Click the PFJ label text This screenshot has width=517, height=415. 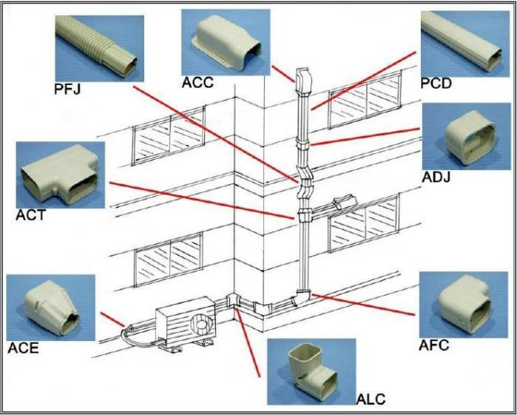67,89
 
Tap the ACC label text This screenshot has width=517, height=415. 197,82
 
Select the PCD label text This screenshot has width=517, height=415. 436,84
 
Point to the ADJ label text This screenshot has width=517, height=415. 436,178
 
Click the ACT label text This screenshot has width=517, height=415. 30,215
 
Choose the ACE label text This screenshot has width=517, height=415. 23,348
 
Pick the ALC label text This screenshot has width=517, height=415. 371,399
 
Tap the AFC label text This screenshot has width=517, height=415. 433,345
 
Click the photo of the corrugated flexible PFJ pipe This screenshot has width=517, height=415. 100,48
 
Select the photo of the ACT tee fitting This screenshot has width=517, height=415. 61,175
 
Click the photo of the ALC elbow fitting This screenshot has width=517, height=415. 311,371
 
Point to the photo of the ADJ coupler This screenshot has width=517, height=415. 467,136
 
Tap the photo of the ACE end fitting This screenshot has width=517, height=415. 51,308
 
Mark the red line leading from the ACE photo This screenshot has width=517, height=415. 112,320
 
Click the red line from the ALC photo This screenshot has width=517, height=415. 248,343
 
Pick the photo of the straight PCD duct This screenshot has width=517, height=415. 465,44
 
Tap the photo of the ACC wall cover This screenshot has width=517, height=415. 226,42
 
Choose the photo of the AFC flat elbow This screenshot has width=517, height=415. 464,305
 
